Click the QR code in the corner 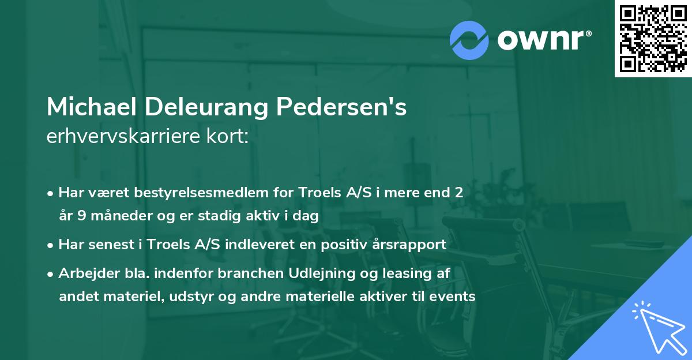[653, 39]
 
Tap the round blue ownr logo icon [469, 40]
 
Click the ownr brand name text [544, 40]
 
